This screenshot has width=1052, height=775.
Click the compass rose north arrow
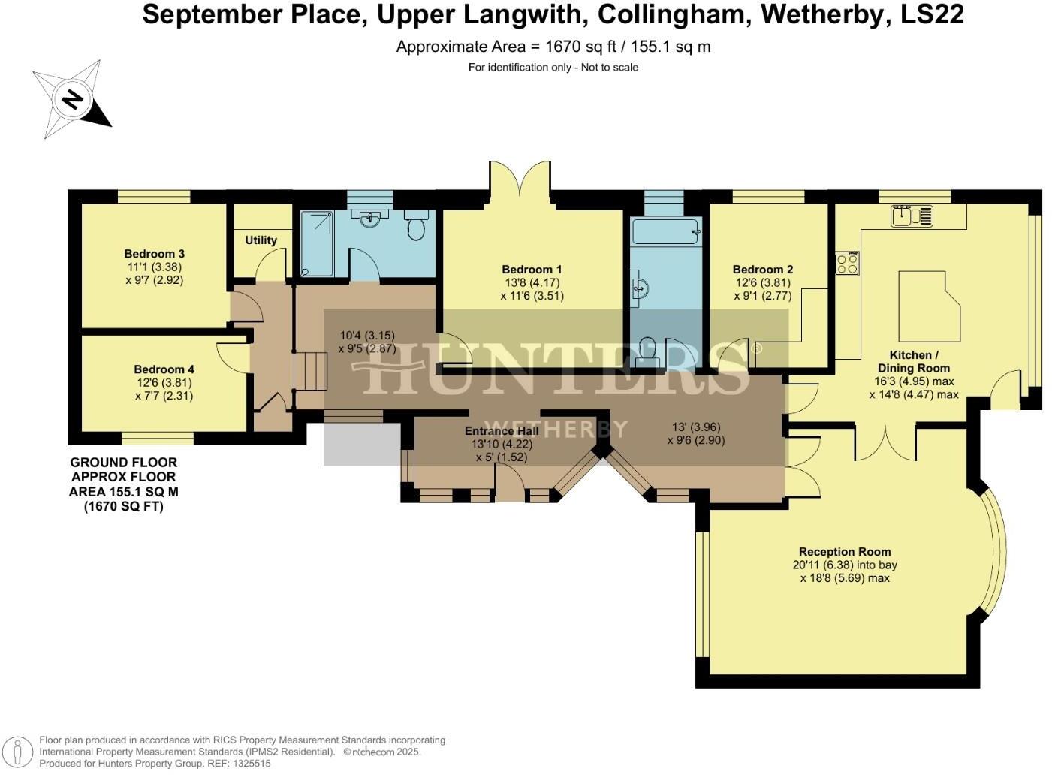click(x=72, y=99)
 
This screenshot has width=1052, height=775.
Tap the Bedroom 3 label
click(x=154, y=254)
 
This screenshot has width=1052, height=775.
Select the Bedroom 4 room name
click(x=164, y=369)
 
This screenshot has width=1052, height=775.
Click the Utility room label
click(x=261, y=240)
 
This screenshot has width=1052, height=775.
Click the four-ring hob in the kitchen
click(x=848, y=264)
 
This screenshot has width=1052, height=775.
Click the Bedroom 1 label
click(x=532, y=270)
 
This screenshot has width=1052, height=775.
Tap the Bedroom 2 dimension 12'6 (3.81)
click(x=762, y=283)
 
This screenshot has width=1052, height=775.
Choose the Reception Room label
click(x=845, y=552)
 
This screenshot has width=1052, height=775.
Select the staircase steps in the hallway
click(x=311, y=370)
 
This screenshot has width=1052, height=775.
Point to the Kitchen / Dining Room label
click(x=914, y=361)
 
